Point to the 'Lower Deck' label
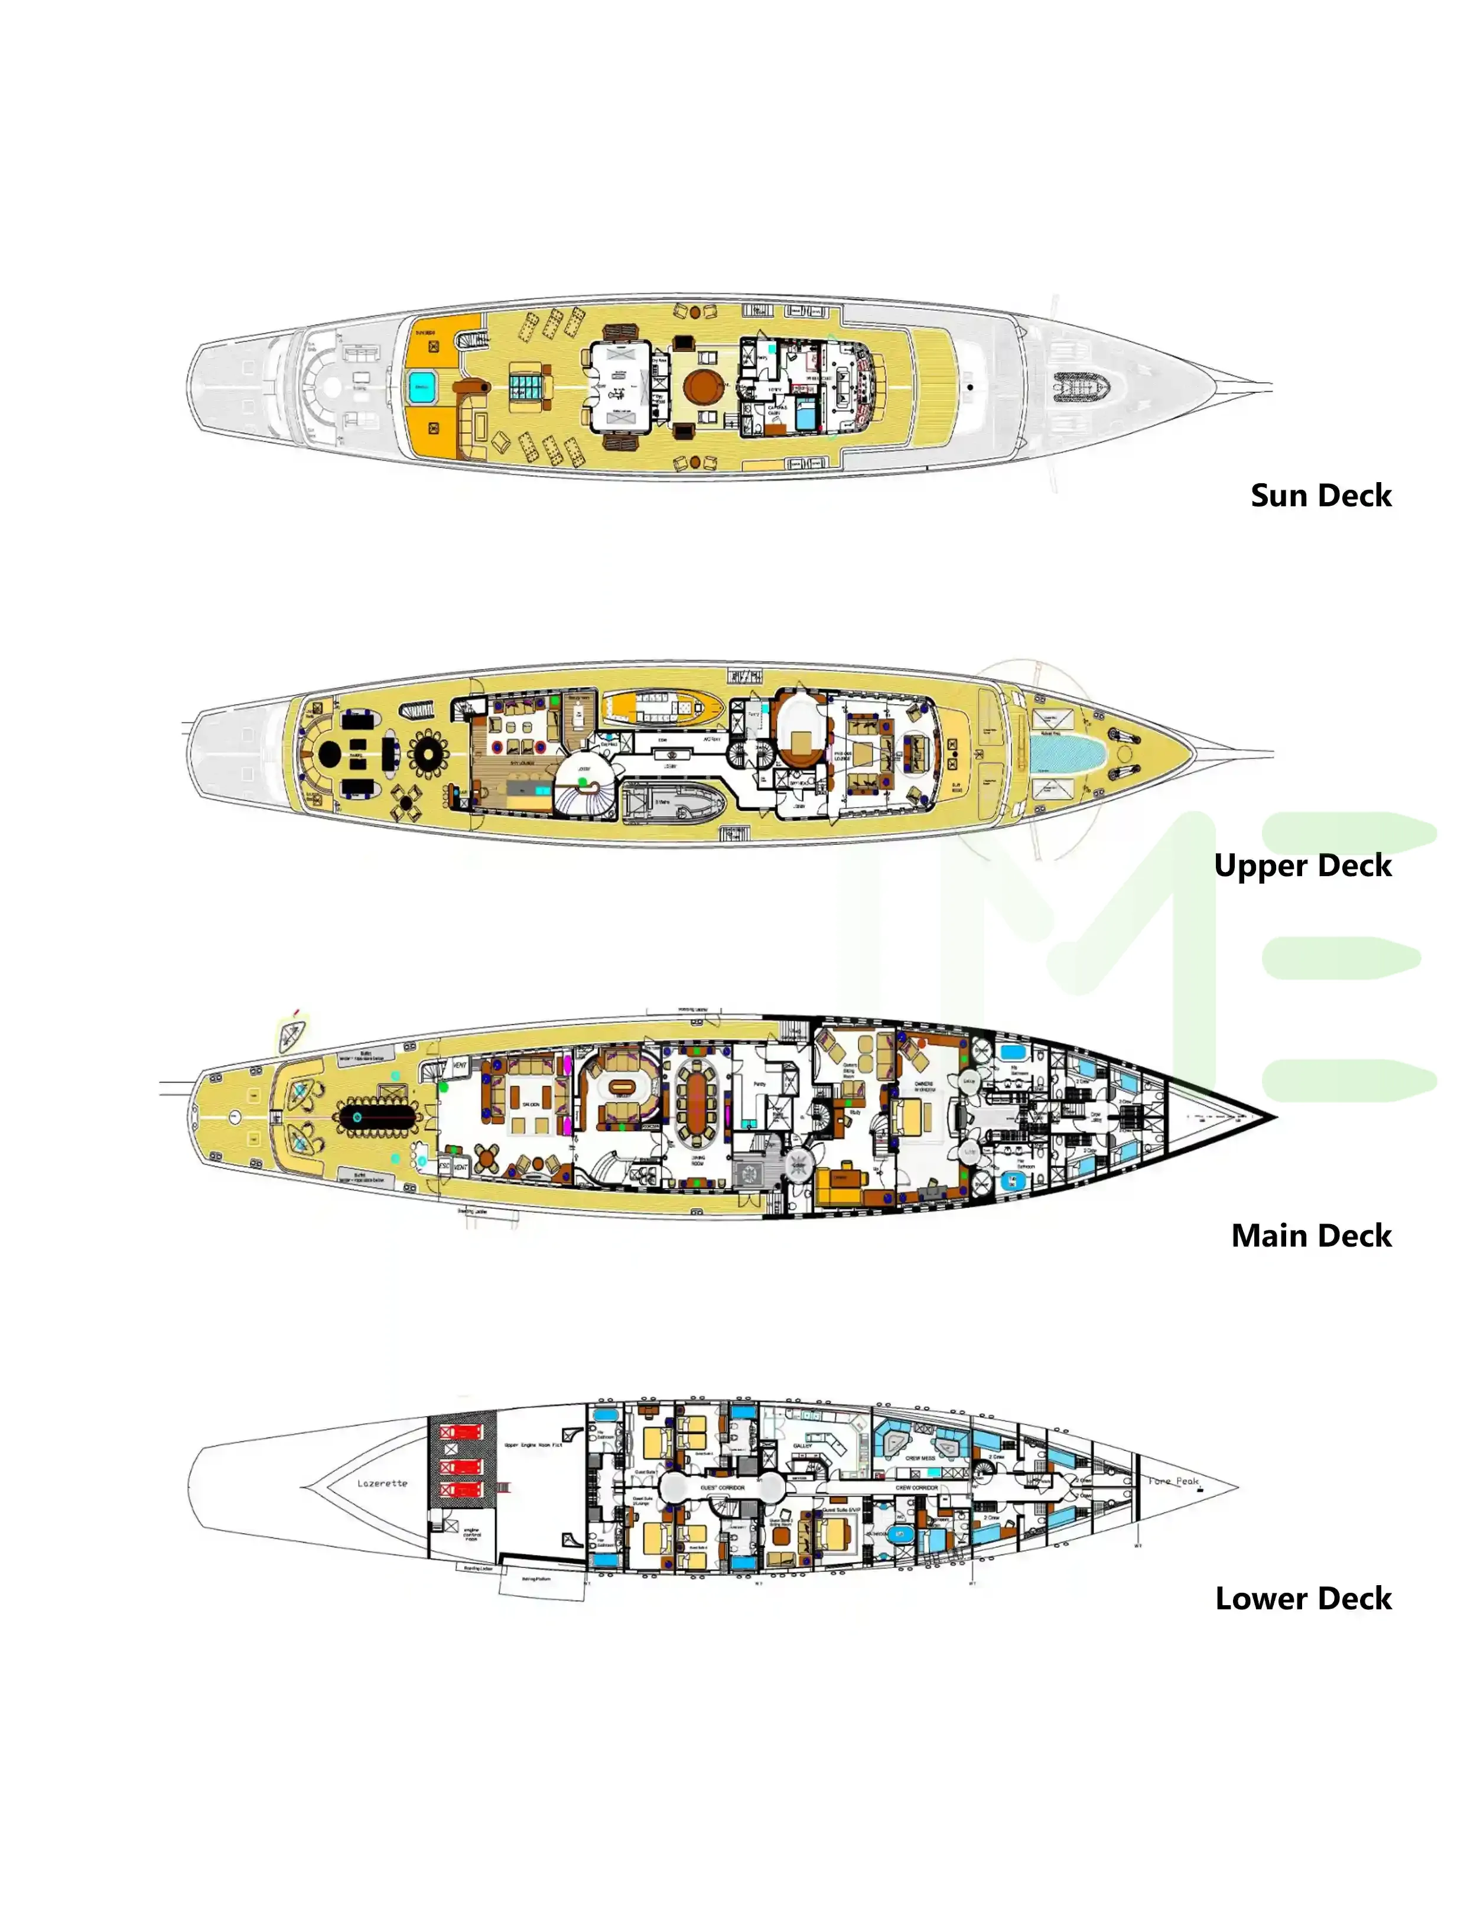pyautogui.click(x=1303, y=1599)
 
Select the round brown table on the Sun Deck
pyautogui.click(x=702, y=385)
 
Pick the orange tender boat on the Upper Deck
pyautogui.click(x=662, y=705)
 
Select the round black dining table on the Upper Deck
pyautogui.click(x=330, y=753)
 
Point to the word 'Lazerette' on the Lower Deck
pyautogui.click(x=382, y=1483)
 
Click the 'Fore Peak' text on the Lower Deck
pyautogui.click(x=1174, y=1481)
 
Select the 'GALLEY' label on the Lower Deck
pyautogui.click(x=802, y=1445)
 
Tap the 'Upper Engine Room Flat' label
pyautogui.click(x=533, y=1445)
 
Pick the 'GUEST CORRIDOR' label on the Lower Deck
pyautogui.click(x=722, y=1487)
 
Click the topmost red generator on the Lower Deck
pyautogui.click(x=461, y=1432)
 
